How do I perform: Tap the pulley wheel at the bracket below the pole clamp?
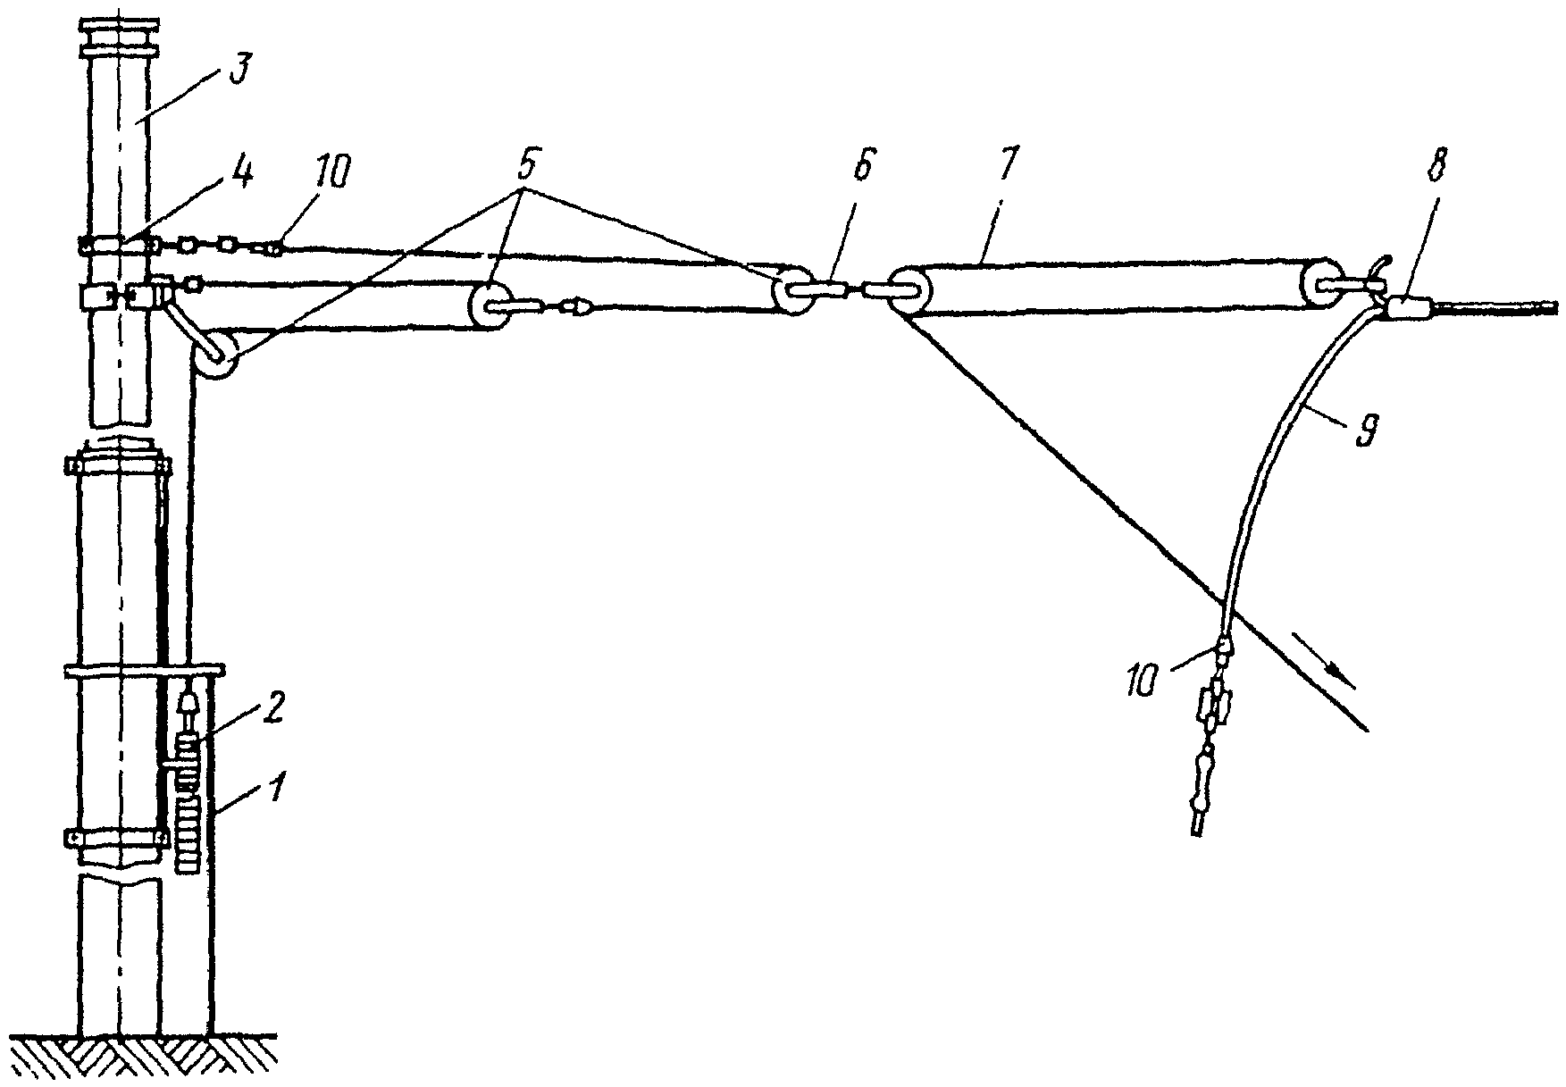coord(214,360)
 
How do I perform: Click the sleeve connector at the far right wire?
coord(1409,309)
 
